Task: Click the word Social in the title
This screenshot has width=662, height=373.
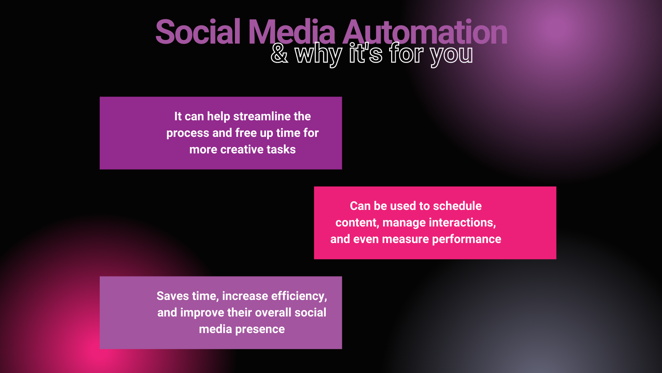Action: pyautogui.click(x=197, y=31)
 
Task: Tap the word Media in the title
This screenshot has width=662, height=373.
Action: pyautogui.click(x=291, y=31)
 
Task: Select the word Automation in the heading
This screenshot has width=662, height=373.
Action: pyautogui.click(x=425, y=31)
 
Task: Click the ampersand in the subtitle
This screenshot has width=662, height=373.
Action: pyautogui.click(x=279, y=54)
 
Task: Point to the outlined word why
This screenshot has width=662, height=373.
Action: pyautogui.click(x=318, y=54)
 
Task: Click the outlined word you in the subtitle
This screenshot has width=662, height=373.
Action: pyautogui.click(x=451, y=56)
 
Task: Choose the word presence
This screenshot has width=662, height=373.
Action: pyautogui.click(x=260, y=329)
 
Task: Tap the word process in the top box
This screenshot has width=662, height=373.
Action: pyautogui.click(x=188, y=133)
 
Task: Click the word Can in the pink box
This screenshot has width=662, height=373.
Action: pyautogui.click(x=360, y=206)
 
